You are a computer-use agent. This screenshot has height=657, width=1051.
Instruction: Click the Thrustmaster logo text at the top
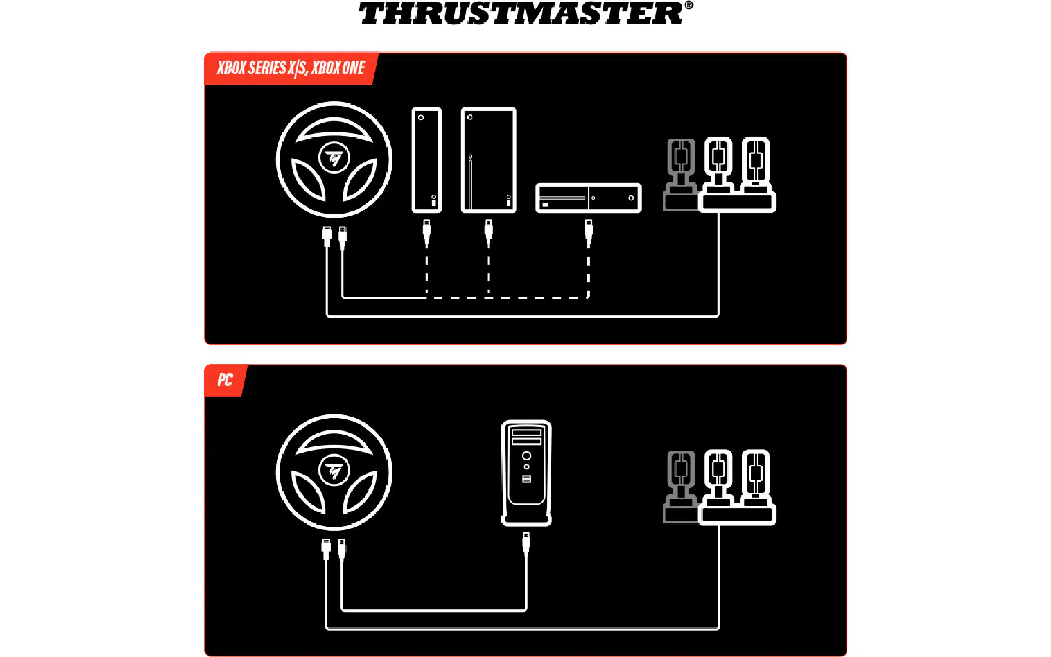point(521,13)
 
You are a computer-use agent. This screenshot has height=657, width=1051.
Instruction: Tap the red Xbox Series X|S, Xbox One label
point(291,68)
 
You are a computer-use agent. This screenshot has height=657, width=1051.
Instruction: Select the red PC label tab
point(225,380)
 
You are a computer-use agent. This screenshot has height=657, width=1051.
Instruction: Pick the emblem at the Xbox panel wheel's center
point(334,158)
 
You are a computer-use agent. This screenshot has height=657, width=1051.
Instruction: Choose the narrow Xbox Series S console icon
point(426,160)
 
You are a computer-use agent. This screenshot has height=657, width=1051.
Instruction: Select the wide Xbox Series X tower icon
point(489,160)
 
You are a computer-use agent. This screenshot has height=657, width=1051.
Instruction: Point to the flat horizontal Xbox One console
point(588,198)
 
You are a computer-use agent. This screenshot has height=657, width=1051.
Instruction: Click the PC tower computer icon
point(527,473)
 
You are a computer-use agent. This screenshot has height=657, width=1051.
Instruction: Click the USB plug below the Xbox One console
point(588,233)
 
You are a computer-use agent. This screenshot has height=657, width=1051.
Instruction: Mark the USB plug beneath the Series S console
point(426,233)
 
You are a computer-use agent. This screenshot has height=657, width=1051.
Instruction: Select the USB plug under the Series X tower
point(489,233)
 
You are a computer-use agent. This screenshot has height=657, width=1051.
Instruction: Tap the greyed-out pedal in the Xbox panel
point(680,174)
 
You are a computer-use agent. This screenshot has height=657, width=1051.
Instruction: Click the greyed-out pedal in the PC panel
point(680,487)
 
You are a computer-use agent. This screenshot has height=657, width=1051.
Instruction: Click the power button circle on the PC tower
point(527,456)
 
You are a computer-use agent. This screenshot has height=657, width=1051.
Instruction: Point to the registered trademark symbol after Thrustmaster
point(689,5)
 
